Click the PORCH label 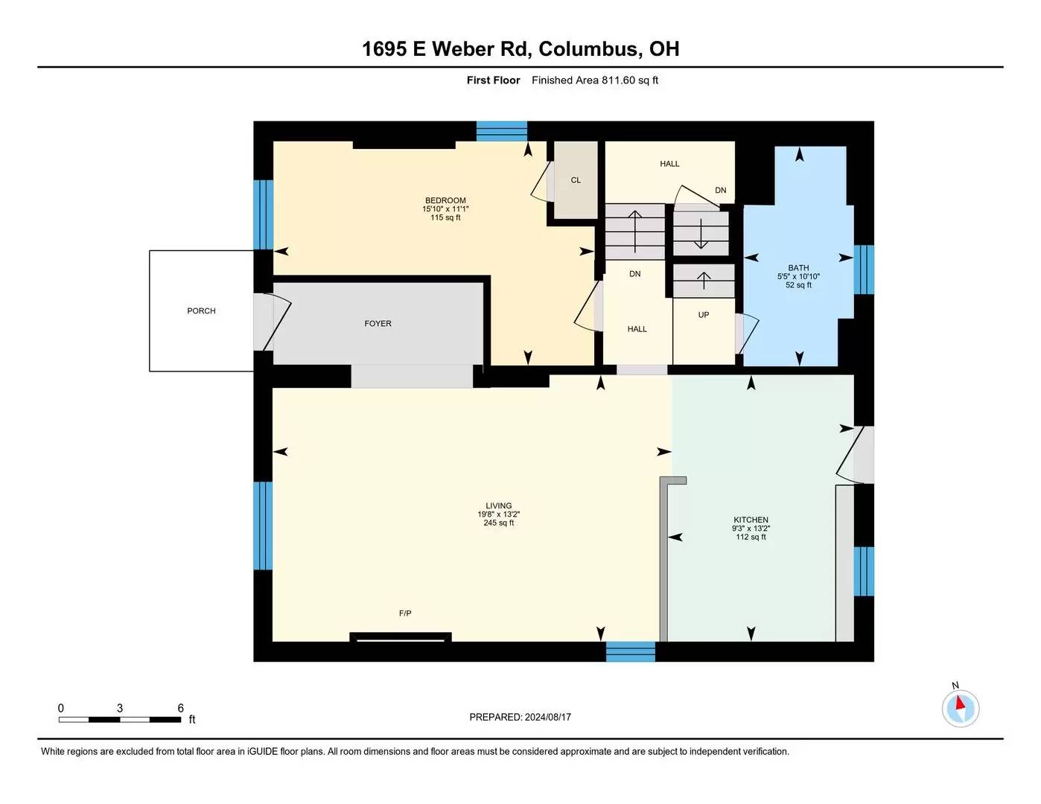tap(201, 310)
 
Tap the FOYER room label tap(378, 323)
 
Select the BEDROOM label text tap(445, 200)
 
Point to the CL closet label tap(576, 180)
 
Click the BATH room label tap(798, 268)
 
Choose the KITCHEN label tap(751, 520)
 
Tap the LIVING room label tap(499, 505)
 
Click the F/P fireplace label tap(405, 613)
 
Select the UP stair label tap(703, 315)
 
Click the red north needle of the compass tap(960, 703)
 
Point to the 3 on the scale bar tap(120, 708)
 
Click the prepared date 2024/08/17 tap(547, 717)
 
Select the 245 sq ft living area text tap(499, 523)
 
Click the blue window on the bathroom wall tap(864, 269)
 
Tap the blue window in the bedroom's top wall tap(502, 131)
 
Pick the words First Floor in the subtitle tap(494, 80)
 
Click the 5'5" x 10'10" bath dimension tap(798, 276)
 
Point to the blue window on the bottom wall tap(631, 651)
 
